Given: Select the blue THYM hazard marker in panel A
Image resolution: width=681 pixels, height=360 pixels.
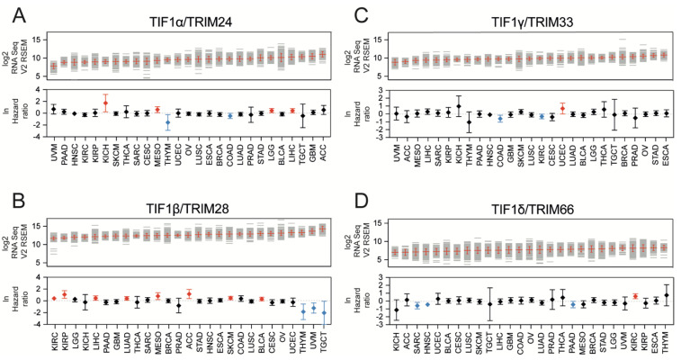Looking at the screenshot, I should (167, 121).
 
